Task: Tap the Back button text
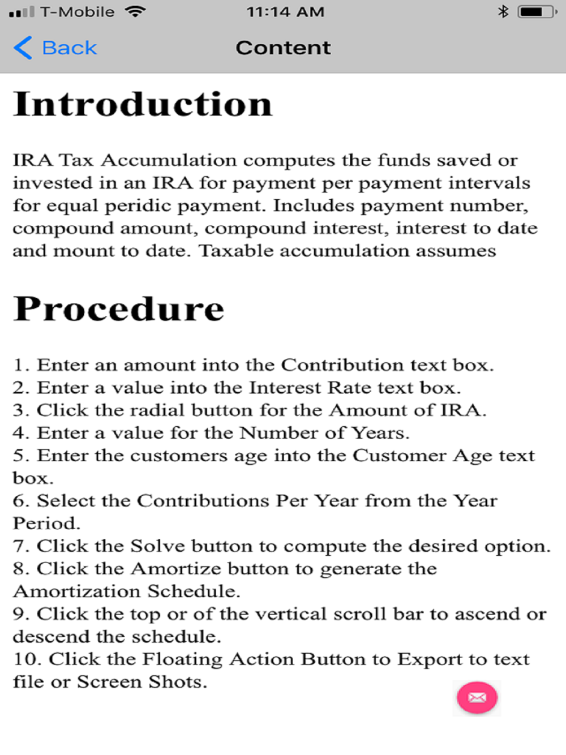(x=70, y=48)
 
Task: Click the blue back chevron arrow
(x=23, y=48)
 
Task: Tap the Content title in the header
(x=283, y=48)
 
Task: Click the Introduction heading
(x=143, y=104)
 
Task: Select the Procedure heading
(x=119, y=309)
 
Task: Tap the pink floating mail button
(x=477, y=697)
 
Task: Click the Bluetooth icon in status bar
(x=503, y=12)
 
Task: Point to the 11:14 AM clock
(x=285, y=12)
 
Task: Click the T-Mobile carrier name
(x=77, y=12)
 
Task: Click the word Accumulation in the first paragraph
(x=169, y=161)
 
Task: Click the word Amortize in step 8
(x=176, y=569)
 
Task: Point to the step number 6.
(x=18, y=501)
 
